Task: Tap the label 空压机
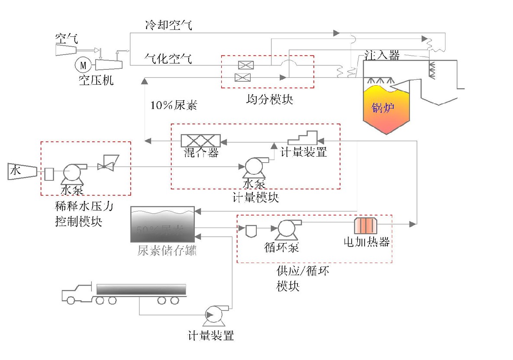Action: pyautogui.click(x=96, y=80)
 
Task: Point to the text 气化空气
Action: pyautogui.click(x=168, y=58)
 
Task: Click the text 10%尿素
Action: pyautogui.click(x=173, y=106)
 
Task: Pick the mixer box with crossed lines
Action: pyautogui.click(x=200, y=141)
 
